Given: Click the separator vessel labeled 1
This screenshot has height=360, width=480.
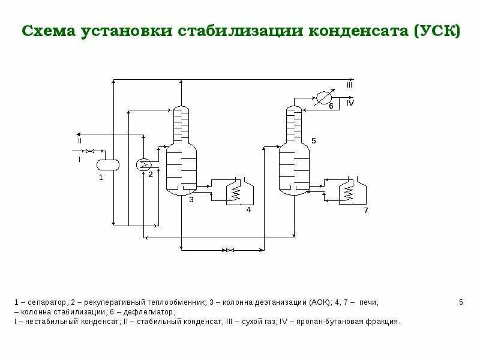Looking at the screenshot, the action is click(x=109, y=163).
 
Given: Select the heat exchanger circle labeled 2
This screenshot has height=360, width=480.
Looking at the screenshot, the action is click(x=143, y=164).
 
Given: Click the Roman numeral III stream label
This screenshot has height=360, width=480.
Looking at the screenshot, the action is click(x=349, y=86).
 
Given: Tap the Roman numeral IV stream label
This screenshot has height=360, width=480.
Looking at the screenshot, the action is click(x=350, y=103).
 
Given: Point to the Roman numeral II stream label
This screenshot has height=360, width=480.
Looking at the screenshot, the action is click(x=79, y=140).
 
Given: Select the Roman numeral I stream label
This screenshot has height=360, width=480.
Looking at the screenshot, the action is click(x=79, y=160).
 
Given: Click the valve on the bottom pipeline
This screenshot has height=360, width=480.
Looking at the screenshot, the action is click(x=229, y=249).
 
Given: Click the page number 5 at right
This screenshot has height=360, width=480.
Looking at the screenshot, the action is click(x=461, y=302).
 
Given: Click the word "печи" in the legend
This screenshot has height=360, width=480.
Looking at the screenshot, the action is click(x=369, y=302).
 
